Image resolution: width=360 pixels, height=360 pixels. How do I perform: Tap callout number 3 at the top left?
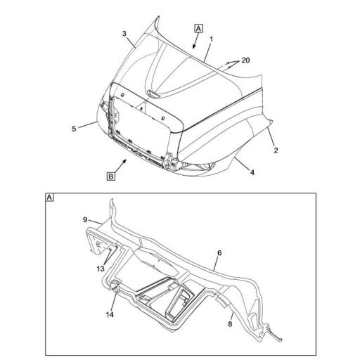[x=124, y=34]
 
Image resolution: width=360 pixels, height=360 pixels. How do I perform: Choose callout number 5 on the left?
[x=73, y=129]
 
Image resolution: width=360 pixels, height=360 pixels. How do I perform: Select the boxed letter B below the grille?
[x=111, y=176]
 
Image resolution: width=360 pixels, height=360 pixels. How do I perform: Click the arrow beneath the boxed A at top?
[x=196, y=43]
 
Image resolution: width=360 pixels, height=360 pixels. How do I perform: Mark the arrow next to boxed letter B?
[x=125, y=163]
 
